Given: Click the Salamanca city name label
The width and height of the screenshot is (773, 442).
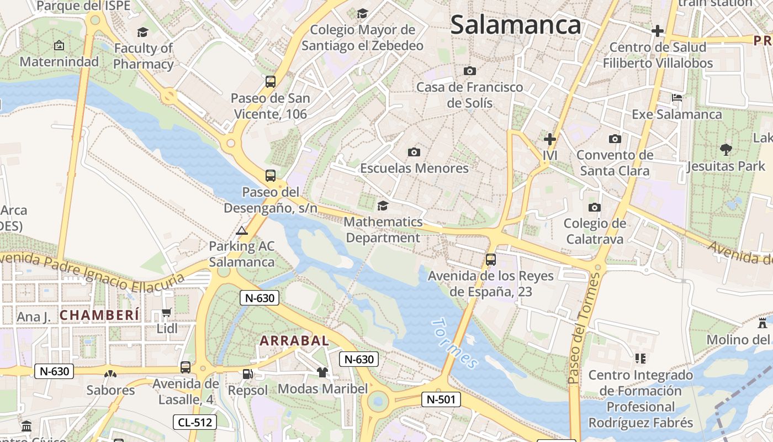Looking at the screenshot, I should coord(516,25).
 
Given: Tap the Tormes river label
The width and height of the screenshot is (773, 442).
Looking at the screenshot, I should coord(454,343).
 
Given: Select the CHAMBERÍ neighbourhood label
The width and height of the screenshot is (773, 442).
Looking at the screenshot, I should coord(100,315).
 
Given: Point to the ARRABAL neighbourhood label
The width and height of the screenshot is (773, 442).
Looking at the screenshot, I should coord(294,341).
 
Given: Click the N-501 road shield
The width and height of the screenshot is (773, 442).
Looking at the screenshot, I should coord(441,399).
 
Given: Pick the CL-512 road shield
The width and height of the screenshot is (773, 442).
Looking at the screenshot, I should coord(194,423).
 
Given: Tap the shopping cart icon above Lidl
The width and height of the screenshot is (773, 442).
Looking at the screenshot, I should coord(166,313).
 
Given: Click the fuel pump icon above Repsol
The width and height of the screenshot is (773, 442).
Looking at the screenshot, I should coord(248,374).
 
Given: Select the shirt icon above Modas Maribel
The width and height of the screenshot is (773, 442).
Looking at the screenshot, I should coord(322,372).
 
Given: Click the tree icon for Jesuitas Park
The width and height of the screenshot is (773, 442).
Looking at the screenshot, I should coord(726,149).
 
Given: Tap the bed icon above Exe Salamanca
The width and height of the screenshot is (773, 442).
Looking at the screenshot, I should coord(677,98).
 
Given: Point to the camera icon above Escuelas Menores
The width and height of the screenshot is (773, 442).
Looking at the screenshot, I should coord(414,152).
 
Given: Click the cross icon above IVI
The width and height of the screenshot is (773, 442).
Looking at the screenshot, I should coord(549,139).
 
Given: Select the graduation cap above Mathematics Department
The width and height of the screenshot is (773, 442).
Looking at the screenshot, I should coord(382,206).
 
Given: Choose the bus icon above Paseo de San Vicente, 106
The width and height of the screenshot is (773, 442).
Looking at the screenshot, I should coord(271,82).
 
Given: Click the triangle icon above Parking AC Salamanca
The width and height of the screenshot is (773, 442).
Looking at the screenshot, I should coord(241,230).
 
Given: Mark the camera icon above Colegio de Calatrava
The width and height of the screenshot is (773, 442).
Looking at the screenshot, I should coord(595,207).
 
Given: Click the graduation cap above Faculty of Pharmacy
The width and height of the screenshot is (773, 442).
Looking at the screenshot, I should coord(143,32).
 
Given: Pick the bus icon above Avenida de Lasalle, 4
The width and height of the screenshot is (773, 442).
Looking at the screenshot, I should coord(186,367).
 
